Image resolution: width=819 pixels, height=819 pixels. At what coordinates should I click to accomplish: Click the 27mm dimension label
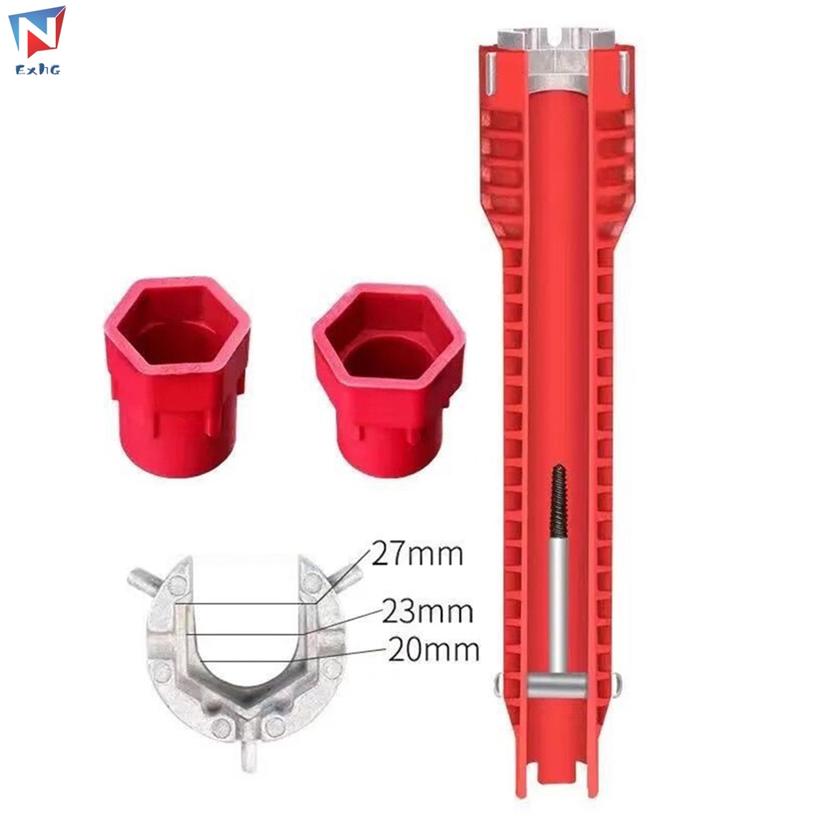[x=417, y=553]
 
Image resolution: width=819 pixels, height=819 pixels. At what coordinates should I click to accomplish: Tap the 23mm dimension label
[x=427, y=611]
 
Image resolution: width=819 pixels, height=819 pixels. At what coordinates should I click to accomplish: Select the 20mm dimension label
[x=433, y=649]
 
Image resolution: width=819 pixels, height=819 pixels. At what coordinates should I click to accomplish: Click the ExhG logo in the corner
[x=38, y=41]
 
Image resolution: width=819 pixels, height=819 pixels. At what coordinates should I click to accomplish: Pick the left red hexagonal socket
[x=177, y=375]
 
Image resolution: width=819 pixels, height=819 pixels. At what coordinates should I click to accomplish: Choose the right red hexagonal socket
[x=389, y=379]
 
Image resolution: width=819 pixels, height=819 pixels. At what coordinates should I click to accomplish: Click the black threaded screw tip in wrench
[x=558, y=501]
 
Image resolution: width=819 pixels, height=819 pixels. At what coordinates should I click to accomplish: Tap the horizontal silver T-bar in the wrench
[x=557, y=685]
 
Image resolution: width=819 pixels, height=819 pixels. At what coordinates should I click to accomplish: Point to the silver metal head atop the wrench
[x=557, y=58]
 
